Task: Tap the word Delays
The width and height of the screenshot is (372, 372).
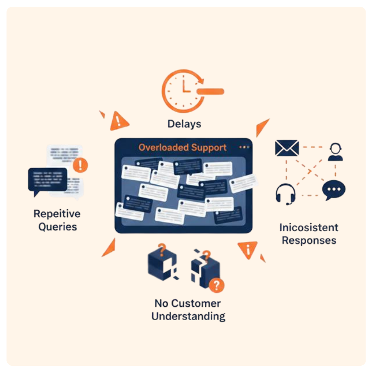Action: (x=184, y=124)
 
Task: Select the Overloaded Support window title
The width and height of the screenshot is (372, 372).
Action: (x=182, y=147)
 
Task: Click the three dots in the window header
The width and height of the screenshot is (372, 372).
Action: (x=244, y=147)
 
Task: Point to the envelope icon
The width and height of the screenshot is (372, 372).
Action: (x=287, y=148)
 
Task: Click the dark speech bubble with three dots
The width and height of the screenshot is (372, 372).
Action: (x=334, y=190)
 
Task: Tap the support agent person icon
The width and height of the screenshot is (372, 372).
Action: (x=335, y=152)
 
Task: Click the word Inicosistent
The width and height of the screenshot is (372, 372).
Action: (x=308, y=228)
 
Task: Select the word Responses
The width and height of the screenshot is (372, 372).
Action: (x=309, y=241)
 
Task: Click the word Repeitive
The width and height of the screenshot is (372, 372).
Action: (x=57, y=214)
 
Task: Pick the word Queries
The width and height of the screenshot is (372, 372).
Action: (x=57, y=227)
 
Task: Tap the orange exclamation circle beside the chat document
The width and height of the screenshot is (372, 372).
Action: (x=80, y=165)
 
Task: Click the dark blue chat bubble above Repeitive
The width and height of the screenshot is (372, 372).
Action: (x=47, y=180)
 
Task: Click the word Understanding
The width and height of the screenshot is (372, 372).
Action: (x=188, y=317)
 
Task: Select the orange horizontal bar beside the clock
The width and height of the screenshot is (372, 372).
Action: (x=210, y=91)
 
